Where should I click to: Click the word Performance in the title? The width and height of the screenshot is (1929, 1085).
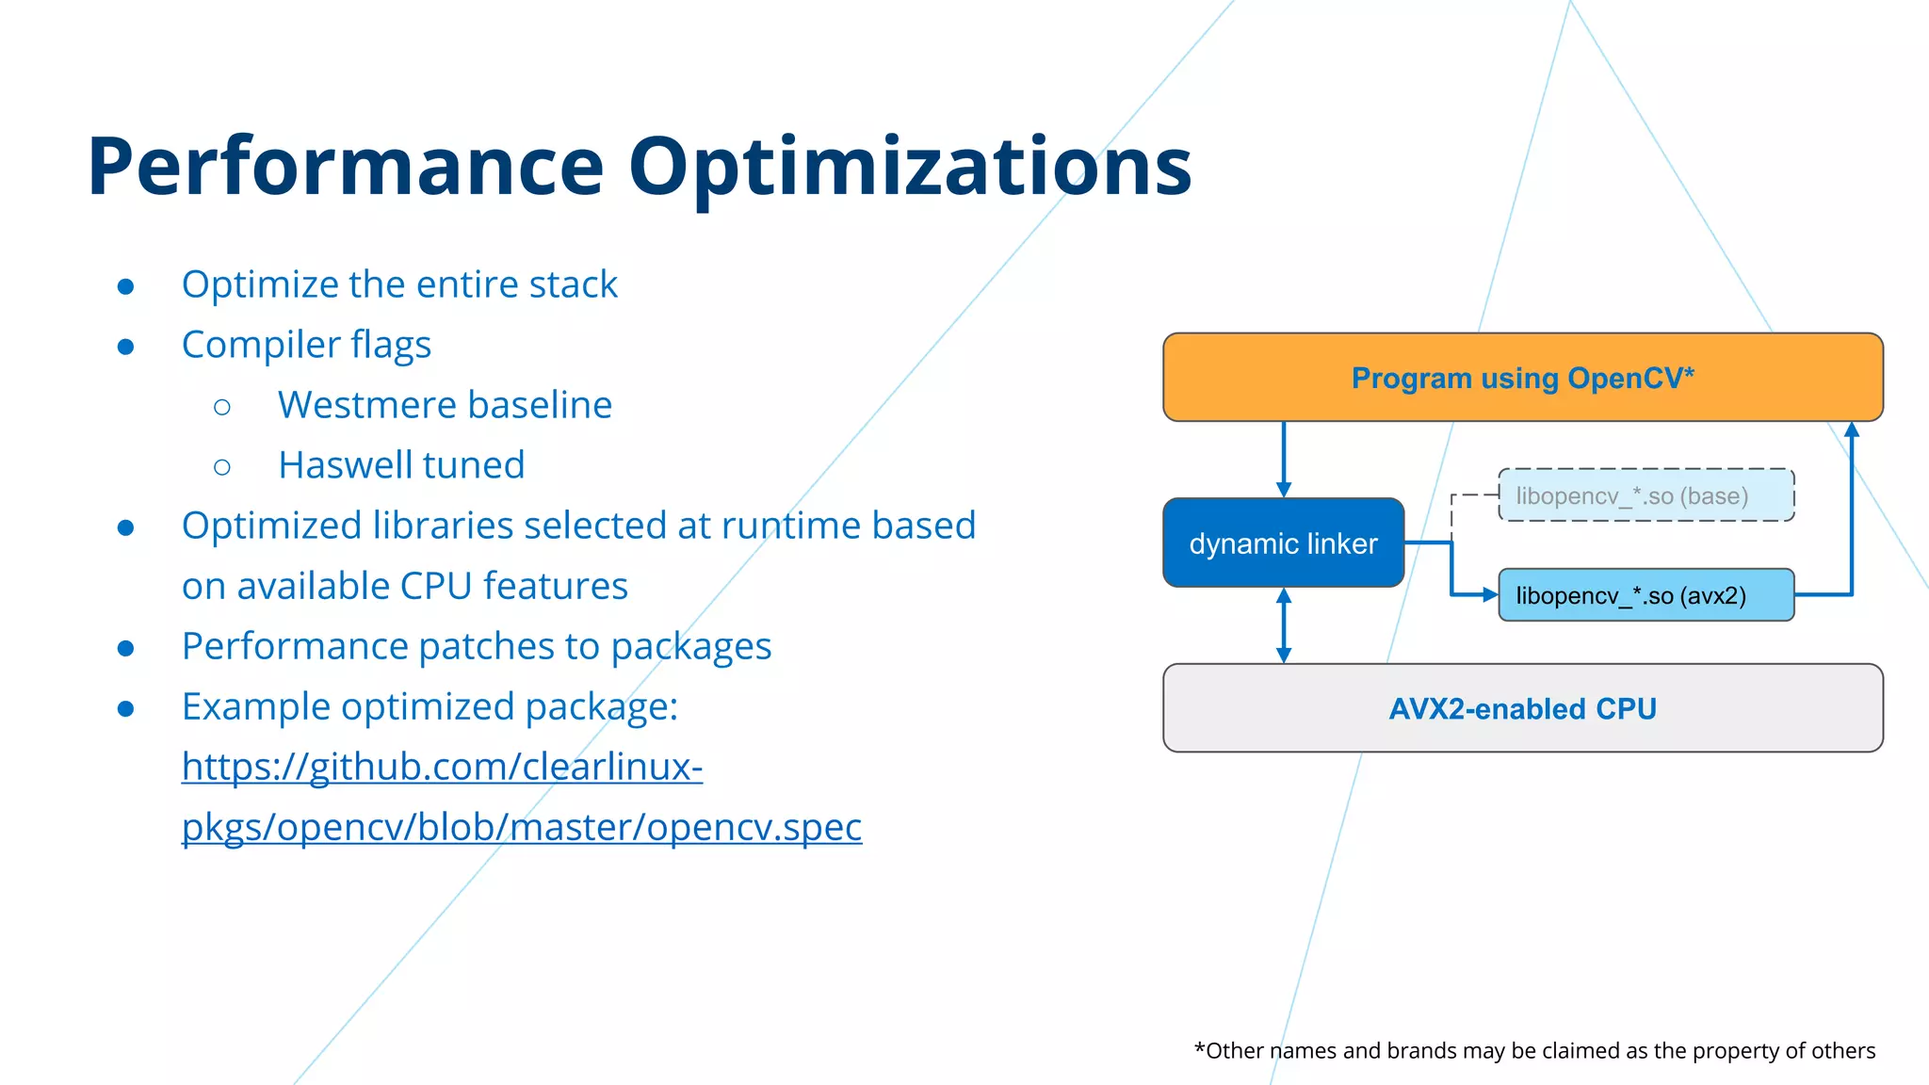pos(345,168)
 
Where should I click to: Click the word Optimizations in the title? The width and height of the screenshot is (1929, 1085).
pos(910,168)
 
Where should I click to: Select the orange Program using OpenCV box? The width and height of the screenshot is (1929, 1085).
pos(1522,377)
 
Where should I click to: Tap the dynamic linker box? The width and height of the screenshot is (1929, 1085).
pos(1283,543)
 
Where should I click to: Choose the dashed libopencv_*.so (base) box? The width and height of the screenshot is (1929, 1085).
pos(1645,495)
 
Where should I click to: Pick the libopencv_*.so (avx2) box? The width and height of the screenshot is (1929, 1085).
pos(1645,595)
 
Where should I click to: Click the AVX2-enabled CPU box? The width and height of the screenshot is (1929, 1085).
pos(1522,708)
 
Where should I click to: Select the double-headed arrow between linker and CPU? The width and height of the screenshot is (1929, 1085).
pos(1283,625)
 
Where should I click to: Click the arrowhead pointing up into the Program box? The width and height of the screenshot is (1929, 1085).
pos(1852,430)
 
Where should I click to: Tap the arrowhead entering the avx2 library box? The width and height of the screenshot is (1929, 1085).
pos(1489,594)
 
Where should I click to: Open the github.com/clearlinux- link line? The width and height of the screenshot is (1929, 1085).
pos(442,767)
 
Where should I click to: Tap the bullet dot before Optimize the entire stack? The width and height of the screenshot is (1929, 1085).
pos(125,286)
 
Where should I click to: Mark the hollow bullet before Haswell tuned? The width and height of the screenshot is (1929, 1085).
pos(222,467)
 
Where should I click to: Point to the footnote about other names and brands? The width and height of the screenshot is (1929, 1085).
pos(1534,1050)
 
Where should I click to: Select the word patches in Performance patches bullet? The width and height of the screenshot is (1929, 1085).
pos(485,646)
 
